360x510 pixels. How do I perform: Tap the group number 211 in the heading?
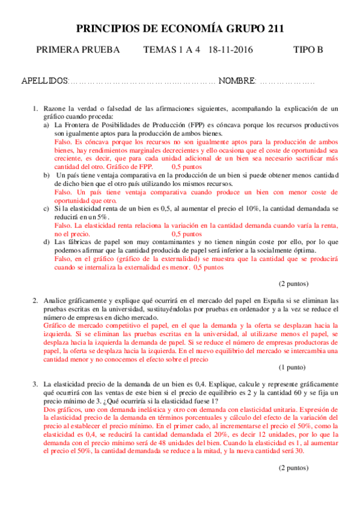pyautogui.click(x=274, y=29)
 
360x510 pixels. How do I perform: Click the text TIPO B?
pyautogui.click(x=308, y=50)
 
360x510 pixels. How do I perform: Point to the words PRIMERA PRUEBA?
pyautogui.click(x=78, y=50)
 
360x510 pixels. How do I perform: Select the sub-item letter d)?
pyautogui.click(x=46, y=242)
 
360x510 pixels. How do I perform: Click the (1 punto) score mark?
pyautogui.click(x=292, y=367)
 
